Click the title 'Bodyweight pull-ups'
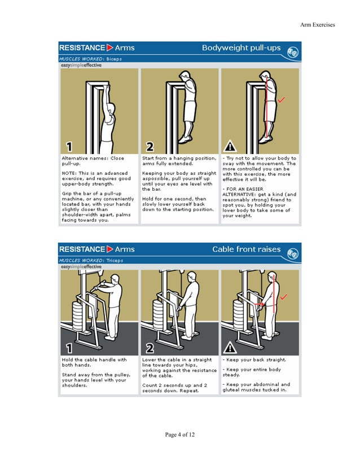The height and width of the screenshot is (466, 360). click(x=241, y=48)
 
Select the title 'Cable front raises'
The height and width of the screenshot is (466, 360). click(x=246, y=249)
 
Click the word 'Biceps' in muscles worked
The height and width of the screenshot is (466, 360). click(x=113, y=59)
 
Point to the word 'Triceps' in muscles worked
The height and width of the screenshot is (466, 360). click(x=114, y=260)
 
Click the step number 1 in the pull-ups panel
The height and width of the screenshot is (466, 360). click(x=69, y=147)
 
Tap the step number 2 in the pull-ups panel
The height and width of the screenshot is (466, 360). click(x=150, y=147)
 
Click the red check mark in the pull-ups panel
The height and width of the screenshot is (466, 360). click(x=282, y=99)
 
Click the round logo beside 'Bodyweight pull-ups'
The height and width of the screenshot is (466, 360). click(x=293, y=51)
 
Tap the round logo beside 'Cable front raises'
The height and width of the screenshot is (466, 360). click(x=293, y=252)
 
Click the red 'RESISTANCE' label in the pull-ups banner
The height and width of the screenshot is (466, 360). click(x=82, y=48)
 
